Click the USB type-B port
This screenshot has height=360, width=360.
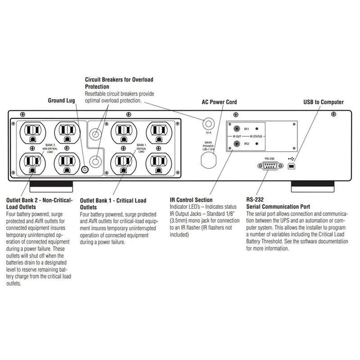292,167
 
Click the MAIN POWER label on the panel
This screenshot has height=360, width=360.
209,145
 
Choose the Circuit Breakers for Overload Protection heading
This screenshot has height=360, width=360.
119,83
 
